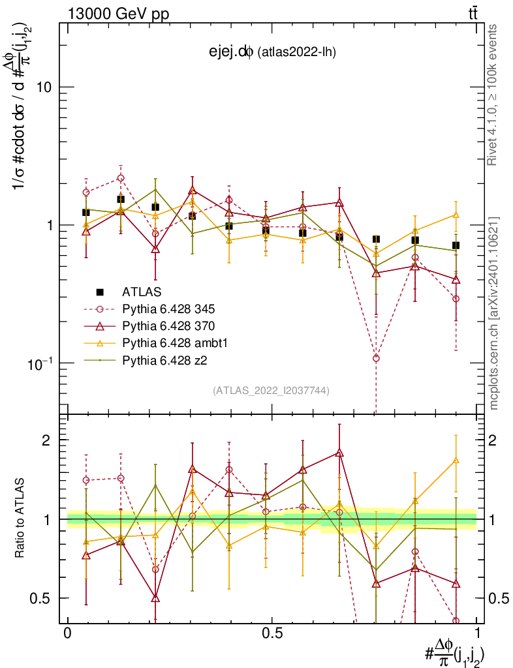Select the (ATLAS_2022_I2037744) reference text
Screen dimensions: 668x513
[271, 391]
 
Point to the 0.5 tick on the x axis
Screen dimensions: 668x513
[272, 633]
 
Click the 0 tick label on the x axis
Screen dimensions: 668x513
[68, 633]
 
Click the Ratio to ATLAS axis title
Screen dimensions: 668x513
[21, 518]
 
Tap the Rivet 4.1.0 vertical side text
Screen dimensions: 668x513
[493, 95]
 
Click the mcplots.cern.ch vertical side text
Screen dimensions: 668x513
[493, 312]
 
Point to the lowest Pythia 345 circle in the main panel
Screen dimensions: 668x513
[375, 358]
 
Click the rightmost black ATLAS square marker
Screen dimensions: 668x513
[456, 245]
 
